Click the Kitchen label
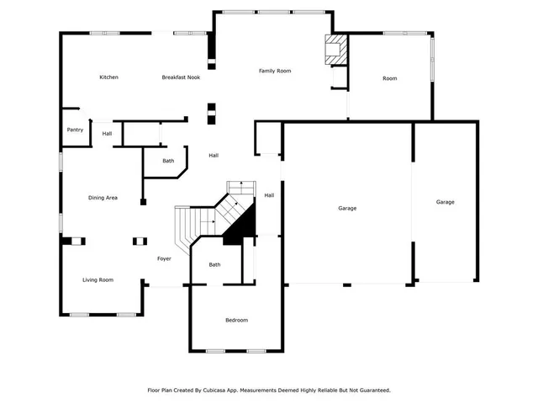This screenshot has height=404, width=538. point(108,77)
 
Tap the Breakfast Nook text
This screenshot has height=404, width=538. point(181,77)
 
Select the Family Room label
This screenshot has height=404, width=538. point(274,71)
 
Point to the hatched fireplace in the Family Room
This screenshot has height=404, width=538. point(335,48)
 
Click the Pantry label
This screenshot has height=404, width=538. point(76,130)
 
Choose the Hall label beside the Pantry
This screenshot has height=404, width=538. point(107,134)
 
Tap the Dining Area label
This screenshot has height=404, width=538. point(103,198)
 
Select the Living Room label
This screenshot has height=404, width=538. point(98,280)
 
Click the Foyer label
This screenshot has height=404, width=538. point(164,258)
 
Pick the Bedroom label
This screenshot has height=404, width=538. point(236,320)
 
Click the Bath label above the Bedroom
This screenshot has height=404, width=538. point(214,265)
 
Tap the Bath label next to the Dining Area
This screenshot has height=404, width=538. point(168,161)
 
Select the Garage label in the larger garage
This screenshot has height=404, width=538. point(347,208)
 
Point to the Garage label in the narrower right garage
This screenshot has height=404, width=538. point(445,202)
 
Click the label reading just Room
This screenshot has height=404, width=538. point(389,78)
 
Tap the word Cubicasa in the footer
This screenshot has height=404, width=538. point(224,391)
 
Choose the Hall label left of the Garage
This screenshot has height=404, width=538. point(269,195)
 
